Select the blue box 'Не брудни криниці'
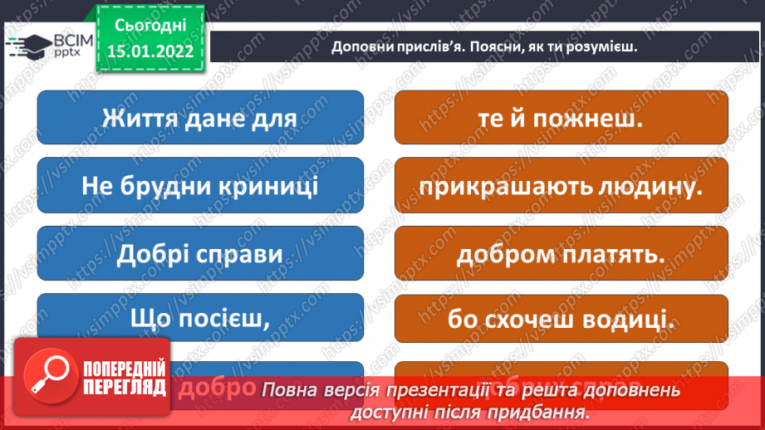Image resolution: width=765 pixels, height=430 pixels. pyautogui.click(x=200, y=186)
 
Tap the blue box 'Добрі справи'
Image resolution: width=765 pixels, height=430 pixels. pyautogui.click(x=200, y=253)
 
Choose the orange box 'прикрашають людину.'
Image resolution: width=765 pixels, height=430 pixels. pyautogui.click(x=561, y=186)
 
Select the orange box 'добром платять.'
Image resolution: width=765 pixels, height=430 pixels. pyautogui.click(x=561, y=253)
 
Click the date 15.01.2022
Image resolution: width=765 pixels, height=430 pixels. pyautogui.click(x=150, y=50)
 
